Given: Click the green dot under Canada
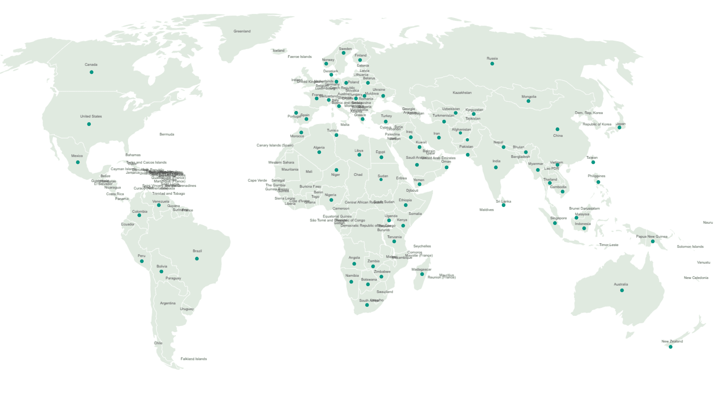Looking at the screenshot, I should (x=91, y=72).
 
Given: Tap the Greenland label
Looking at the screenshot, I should (x=242, y=31).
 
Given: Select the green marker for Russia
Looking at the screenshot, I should (x=492, y=64).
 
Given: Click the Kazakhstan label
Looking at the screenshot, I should (x=462, y=93).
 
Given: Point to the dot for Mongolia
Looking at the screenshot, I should (x=528, y=101).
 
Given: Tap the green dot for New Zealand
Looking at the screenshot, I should (x=670, y=347).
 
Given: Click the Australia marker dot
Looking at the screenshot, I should (x=622, y=290).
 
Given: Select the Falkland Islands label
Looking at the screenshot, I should (x=193, y=359).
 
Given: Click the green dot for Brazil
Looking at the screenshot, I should (x=197, y=259).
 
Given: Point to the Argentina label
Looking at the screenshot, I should (x=168, y=303).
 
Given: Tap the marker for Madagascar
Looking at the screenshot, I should (x=422, y=274).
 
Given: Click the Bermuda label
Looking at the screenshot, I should (x=167, y=134).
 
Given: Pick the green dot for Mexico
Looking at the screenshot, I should (x=78, y=162).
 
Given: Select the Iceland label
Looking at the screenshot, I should (x=279, y=51).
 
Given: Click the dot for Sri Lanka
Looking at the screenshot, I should (x=504, y=205).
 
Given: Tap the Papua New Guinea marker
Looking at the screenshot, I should (x=653, y=241).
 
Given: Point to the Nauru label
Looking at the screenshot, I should (x=708, y=223).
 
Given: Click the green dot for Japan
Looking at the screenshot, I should (x=619, y=128).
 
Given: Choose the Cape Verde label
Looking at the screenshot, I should (x=257, y=180).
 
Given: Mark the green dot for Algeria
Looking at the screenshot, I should (x=319, y=152).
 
